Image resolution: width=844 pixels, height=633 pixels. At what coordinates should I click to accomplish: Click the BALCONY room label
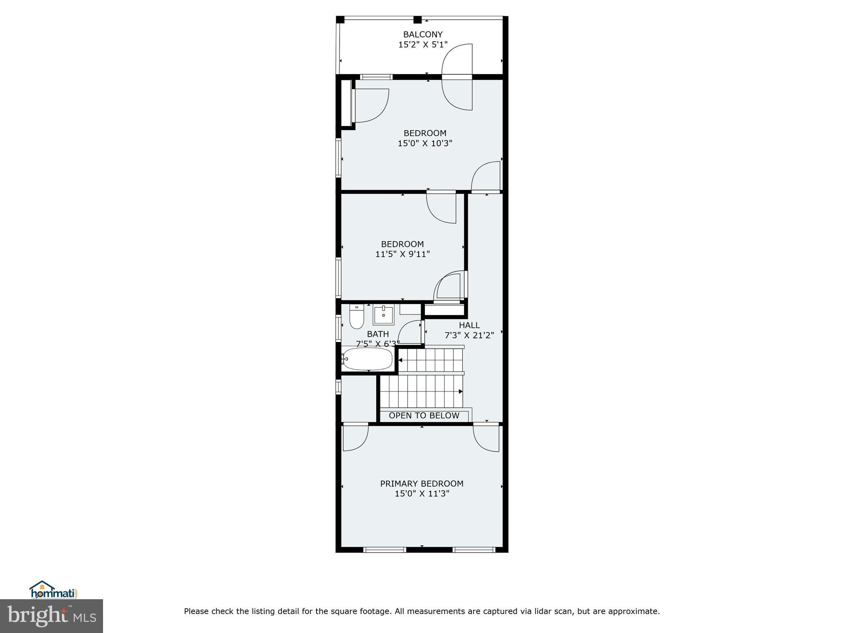click(422, 35)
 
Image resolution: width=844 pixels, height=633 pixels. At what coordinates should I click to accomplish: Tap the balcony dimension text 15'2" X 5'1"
click(422, 45)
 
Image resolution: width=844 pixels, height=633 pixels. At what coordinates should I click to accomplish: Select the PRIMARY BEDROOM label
click(422, 483)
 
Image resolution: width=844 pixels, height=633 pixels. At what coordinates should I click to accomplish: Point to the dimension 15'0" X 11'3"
click(422, 494)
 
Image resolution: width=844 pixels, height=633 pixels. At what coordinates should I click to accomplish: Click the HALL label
click(469, 325)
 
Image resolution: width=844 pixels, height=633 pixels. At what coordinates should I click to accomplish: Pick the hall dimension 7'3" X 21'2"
click(469, 335)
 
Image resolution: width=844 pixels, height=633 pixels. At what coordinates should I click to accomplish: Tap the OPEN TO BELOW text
click(424, 415)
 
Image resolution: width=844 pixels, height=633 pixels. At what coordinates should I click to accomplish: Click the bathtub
click(368, 359)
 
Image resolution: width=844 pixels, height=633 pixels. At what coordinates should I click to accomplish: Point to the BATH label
click(377, 334)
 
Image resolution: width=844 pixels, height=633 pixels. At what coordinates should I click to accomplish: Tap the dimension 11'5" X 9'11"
click(402, 254)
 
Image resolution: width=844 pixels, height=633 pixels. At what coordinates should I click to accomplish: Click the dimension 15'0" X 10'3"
click(425, 143)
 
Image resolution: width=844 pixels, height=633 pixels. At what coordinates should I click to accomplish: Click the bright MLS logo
click(52, 617)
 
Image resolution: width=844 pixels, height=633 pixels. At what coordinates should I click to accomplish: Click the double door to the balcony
click(457, 77)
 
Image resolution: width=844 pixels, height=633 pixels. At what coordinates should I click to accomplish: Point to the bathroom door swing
click(410, 332)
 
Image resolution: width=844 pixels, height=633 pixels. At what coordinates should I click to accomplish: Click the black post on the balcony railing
click(417, 19)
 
